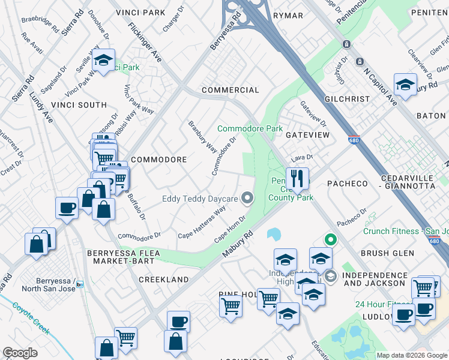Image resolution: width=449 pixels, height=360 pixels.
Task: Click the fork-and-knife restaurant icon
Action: (297, 178)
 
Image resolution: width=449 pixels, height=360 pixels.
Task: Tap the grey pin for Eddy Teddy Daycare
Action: (247, 198)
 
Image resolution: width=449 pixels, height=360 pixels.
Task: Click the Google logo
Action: (20, 353)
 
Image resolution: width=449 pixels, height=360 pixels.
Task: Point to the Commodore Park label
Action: (250, 129)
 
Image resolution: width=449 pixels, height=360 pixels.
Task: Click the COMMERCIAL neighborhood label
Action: (230, 90)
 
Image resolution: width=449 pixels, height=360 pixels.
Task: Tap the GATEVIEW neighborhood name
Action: (307, 135)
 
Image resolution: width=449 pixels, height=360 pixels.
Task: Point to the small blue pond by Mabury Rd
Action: (274, 233)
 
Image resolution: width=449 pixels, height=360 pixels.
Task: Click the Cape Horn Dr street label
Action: (231, 229)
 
